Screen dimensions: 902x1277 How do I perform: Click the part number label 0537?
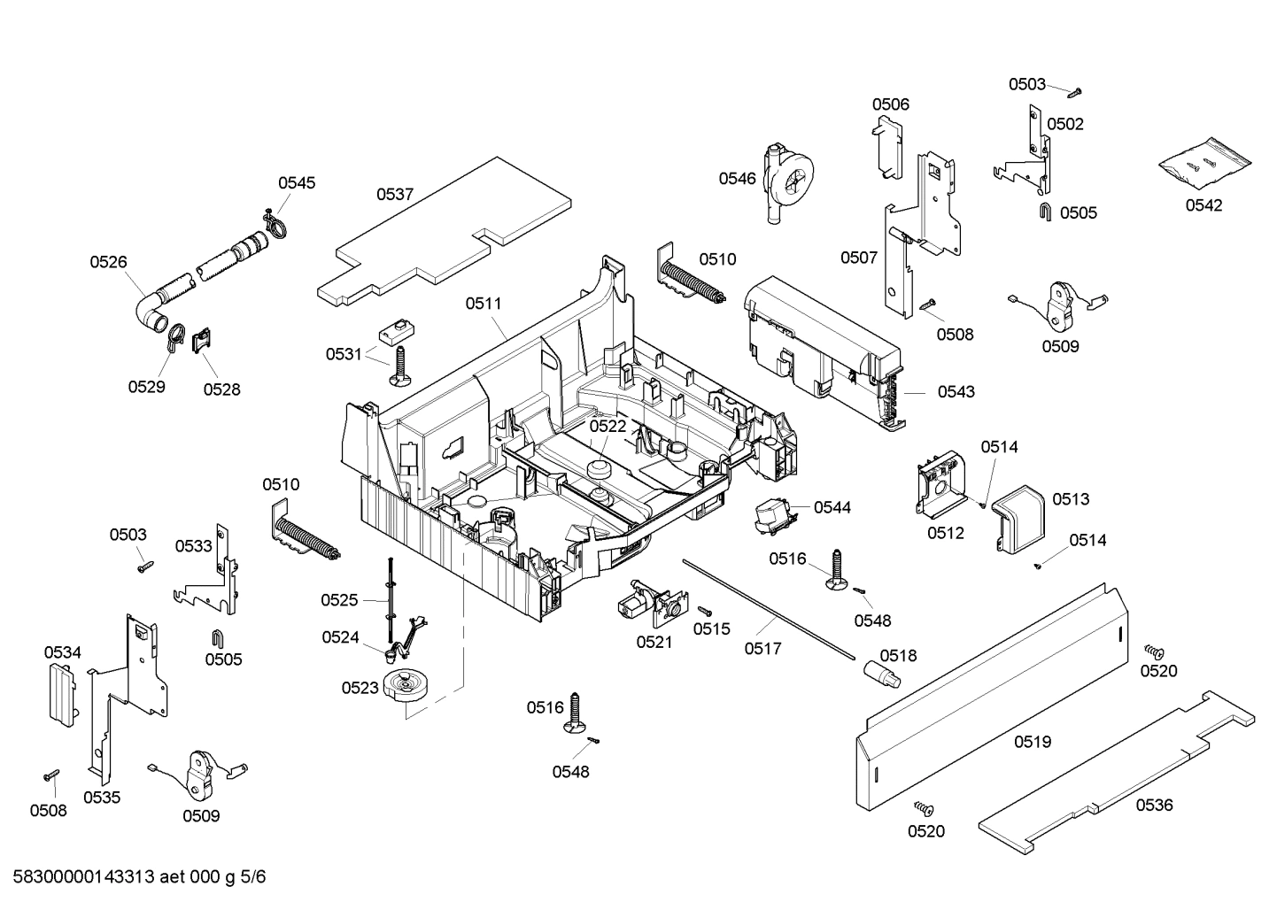[x=395, y=195]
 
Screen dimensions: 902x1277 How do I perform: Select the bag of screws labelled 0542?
[x=1206, y=164]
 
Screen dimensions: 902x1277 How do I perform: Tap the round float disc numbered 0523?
[x=406, y=688]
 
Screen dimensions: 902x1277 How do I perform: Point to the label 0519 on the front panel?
[x=1033, y=742]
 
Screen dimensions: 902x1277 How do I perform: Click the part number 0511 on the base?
[x=484, y=304]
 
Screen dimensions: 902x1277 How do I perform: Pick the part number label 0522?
[x=608, y=426]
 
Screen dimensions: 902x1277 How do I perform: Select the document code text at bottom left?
[x=133, y=877]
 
